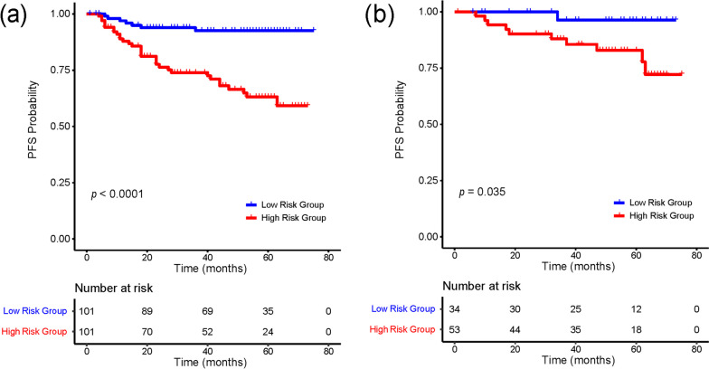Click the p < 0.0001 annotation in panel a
point(118,194)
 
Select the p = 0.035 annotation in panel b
point(482,192)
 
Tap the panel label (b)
point(380,14)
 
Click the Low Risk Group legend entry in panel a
point(285,204)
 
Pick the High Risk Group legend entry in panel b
point(654,215)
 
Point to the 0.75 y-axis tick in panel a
point(60,71)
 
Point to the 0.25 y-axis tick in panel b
point(429,181)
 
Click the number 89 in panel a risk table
point(147,311)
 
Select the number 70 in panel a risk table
point(147,332)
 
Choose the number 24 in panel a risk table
point(268,332)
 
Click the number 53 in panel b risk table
point(454,329)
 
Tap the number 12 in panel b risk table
point(636,309)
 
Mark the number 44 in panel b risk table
point(515,329)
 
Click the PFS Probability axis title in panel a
point(33,119)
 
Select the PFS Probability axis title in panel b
point(400,119)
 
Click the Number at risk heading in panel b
point(481,286)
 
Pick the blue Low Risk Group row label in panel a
point(34,311)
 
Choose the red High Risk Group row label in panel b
point(402,329)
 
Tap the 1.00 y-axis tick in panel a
point(60,14)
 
